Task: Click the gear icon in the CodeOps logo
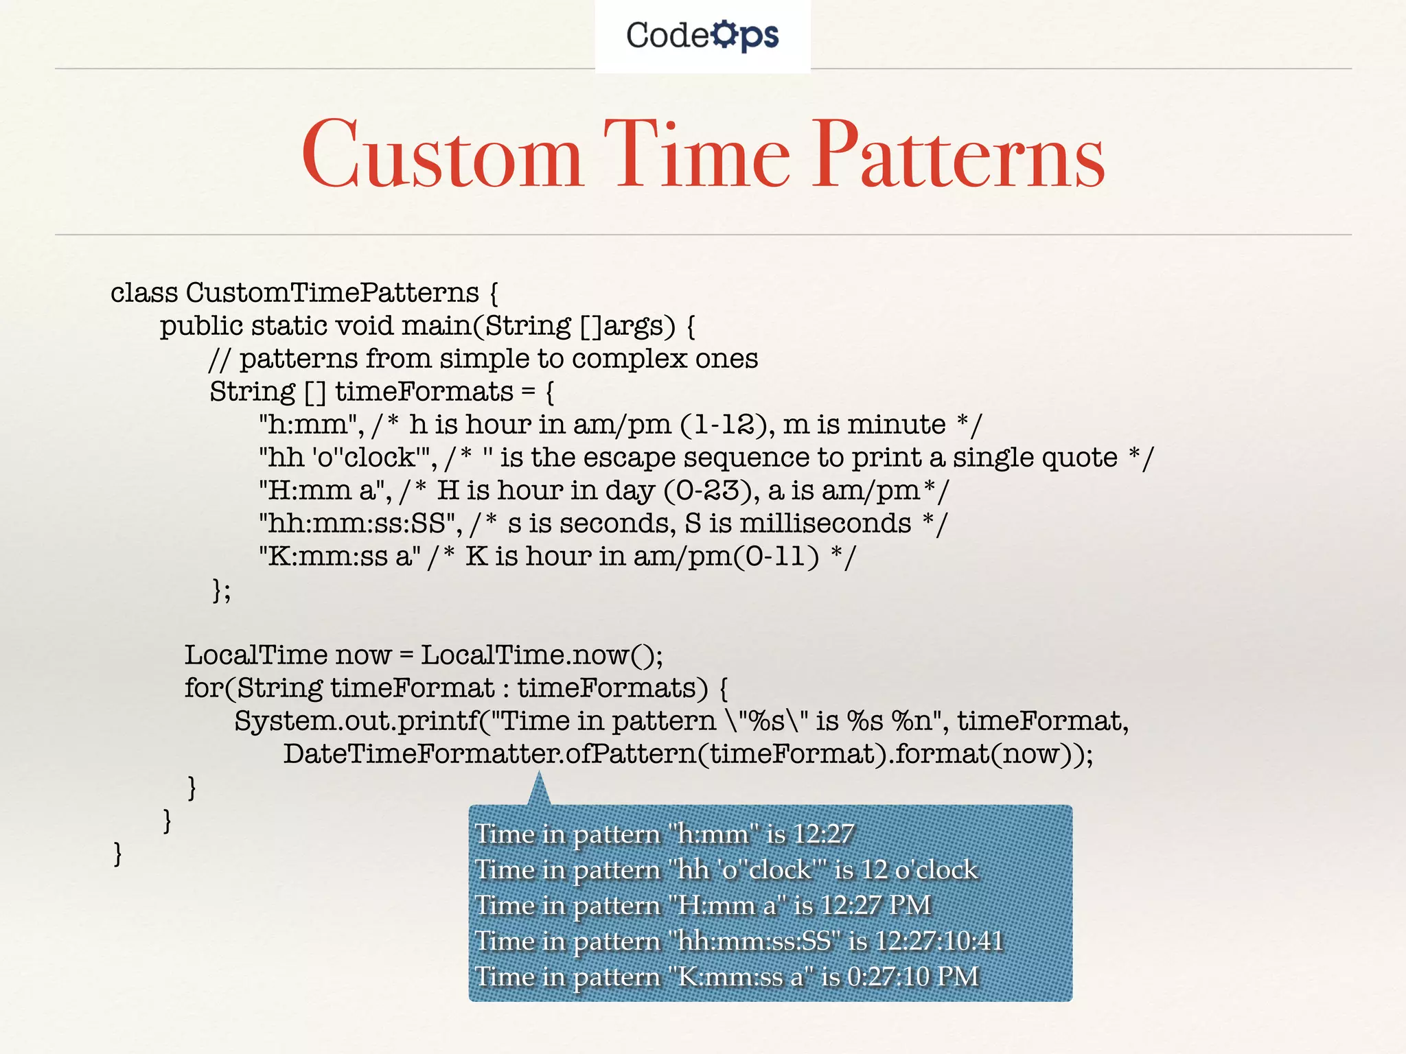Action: pos(724,34)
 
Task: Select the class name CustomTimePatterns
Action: pos(332,293)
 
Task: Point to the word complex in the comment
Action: pos(629,358)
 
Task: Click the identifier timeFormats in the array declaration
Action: pos(424,392)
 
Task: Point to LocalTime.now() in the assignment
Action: pos(542,655)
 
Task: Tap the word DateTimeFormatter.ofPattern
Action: pos(489,754)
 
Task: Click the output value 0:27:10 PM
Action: pos(913,976)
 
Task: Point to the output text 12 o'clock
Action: pos(919,870)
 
